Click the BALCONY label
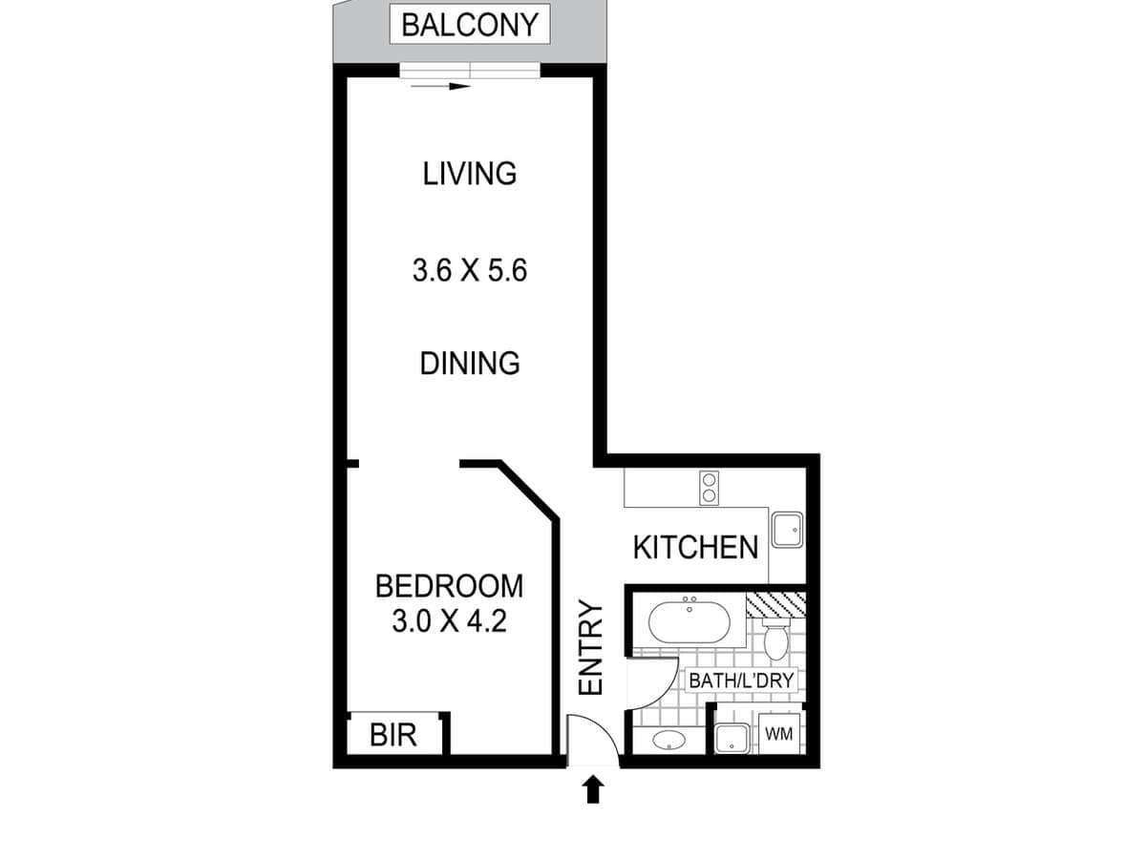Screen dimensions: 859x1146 point(470,25)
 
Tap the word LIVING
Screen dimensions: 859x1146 point(470,174)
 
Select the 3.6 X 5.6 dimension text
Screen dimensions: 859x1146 point(470,271)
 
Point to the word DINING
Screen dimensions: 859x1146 point(470,364)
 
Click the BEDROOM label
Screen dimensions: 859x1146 point(449,585)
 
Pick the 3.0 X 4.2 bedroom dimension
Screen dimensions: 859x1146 point(449,622)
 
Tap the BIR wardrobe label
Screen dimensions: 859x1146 point(393,736)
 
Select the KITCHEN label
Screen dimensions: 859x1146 point(695,548)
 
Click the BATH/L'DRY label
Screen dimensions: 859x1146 point(742,681)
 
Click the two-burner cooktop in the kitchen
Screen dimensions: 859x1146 point(710,488)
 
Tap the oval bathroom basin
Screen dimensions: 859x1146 point(669,740)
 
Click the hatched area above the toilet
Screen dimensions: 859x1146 point(775,603)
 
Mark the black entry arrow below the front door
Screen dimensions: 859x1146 point(593,788)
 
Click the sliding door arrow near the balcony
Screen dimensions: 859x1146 point(440,86)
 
